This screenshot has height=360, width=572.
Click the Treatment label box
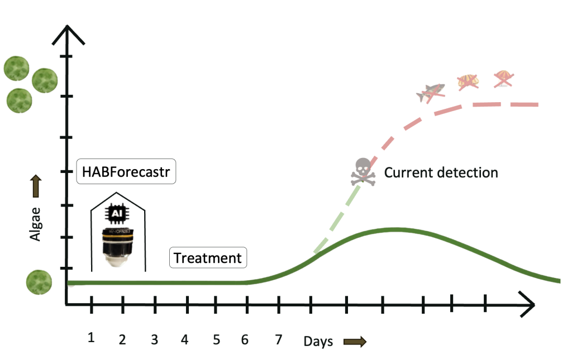pos(207,258)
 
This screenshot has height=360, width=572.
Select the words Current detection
pos(441,172)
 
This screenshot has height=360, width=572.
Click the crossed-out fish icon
pos(431,92)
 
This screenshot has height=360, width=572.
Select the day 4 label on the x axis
pos(185,339)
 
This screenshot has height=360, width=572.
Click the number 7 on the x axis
pos(279,338)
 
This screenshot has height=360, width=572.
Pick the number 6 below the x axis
pos(245,339)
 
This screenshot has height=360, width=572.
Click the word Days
pos(318,342)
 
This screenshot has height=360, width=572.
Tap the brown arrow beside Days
pos(355,342)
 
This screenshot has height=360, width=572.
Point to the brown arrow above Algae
pos(35,186)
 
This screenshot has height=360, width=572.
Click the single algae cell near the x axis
pos(39,282)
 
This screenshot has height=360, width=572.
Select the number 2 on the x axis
pos(122,339)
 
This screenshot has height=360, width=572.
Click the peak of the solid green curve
pos(395,229)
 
